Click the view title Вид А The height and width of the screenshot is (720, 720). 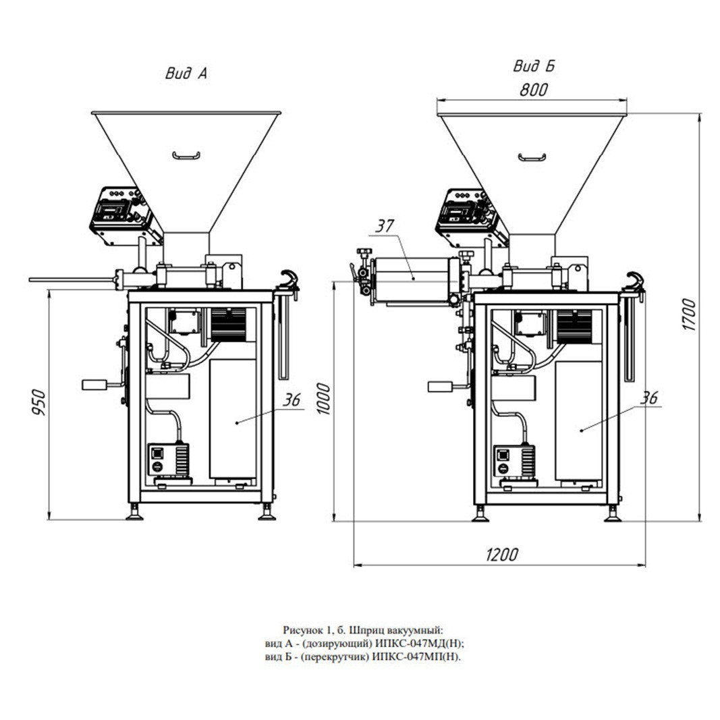(186, 74)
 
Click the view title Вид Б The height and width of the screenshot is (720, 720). (534, 66)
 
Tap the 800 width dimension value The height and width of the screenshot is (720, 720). (534, 90)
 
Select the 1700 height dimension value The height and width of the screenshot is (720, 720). (690, 314)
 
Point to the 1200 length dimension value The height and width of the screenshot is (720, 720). (501, 555)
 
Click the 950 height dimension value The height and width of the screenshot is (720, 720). (39, 403)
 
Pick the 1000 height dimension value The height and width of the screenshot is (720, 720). (324, 399)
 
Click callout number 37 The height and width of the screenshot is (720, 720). (385, 226)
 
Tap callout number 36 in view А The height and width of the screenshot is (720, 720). (291, 400)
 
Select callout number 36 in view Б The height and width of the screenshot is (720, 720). (649, 397)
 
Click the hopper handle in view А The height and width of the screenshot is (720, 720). (186, 156)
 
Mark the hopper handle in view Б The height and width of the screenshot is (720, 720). (532, 157)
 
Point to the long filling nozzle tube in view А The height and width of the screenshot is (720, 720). (72, 279)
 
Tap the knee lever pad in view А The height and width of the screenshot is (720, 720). (94, 385)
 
